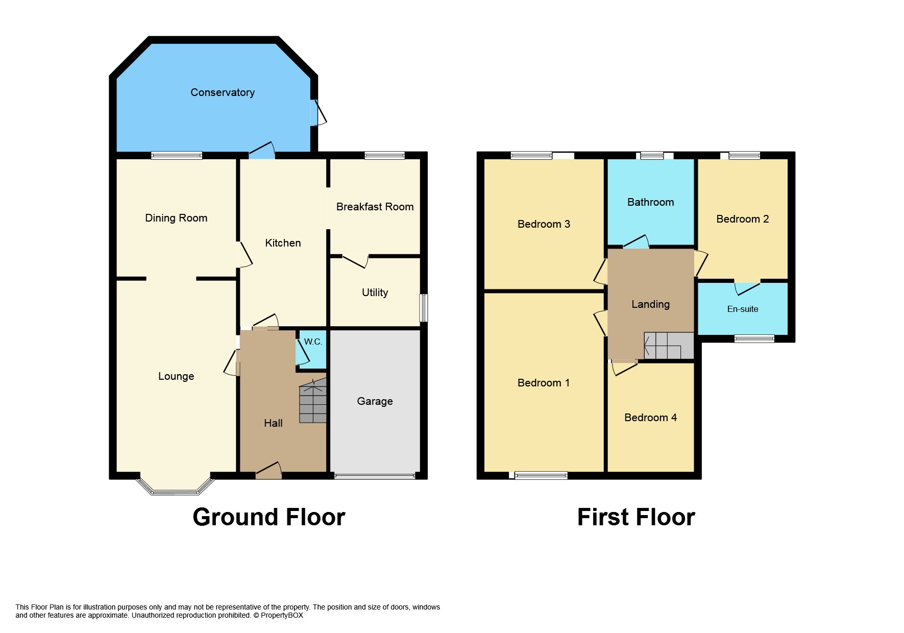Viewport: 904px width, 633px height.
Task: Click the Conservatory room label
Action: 223,92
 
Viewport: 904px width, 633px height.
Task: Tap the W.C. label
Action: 313,342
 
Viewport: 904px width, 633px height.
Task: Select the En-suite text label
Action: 742,309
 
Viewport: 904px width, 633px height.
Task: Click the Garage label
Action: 375,401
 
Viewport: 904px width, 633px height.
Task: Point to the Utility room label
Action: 375,293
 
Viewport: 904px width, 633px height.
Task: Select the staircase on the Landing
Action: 668,346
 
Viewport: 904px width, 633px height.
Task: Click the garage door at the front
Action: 375,476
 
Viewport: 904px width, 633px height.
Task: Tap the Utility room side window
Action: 423,307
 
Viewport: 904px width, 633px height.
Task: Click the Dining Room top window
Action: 177,156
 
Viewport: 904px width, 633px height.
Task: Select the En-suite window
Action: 754,338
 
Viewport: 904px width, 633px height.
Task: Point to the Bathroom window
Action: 651,156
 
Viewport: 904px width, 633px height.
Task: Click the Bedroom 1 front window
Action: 541,476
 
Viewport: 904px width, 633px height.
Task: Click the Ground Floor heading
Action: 269,517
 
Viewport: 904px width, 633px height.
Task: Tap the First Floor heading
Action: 636,517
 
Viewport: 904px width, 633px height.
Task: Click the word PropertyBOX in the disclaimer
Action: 282,615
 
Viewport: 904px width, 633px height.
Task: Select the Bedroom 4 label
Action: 650,418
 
